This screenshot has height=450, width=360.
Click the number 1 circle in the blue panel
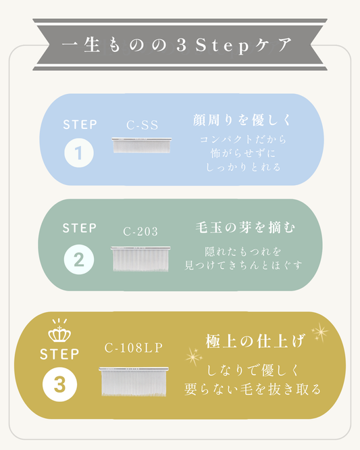pyautogui.click(x=79, y=153)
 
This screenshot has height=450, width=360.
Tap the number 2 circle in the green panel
pyautogui.click(x=79, y=259)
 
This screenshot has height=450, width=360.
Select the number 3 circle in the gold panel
pyautogui.click(x=59, y=384)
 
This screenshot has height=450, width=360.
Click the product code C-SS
pyautogui.click(x=143, y=125)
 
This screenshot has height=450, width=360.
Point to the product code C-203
pyautogui.click(x=140, y=231)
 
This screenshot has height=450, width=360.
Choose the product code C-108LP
pyautogui.click(x=134, y=348)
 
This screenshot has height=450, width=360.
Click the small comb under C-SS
pyautogui.click(x=142, y=145)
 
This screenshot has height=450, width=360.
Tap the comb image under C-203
pyautogui.click(x=140, y=259)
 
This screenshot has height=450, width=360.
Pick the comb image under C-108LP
pyautogui.click(x=134, y=381)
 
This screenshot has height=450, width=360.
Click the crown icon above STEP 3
pyautogui.click(x=59, y=330)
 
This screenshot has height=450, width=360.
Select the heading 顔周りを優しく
pyautogui.click(x=242, y=120)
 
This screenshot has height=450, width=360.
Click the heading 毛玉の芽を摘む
pyautogui.click(x=245, y=227)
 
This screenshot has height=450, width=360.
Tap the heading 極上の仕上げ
pyautogui.click(x=255, y=341)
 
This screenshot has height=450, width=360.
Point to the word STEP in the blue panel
pyautogui.click(x=80, y=124)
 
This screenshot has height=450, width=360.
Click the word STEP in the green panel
pyautogui.click(x=80, y=228)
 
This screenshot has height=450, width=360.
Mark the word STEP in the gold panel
pyautogui.click(x=59, y=354)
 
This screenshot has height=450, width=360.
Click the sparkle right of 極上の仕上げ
pyautogui.click(x=320, y=332)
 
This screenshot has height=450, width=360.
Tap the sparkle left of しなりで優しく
pyautogui.click(x=194, y=357)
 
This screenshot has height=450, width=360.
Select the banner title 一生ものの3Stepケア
pyautogui.click(x=177, y=45)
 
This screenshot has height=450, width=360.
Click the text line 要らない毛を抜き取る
pyautogui.click(x=253, y=389)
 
